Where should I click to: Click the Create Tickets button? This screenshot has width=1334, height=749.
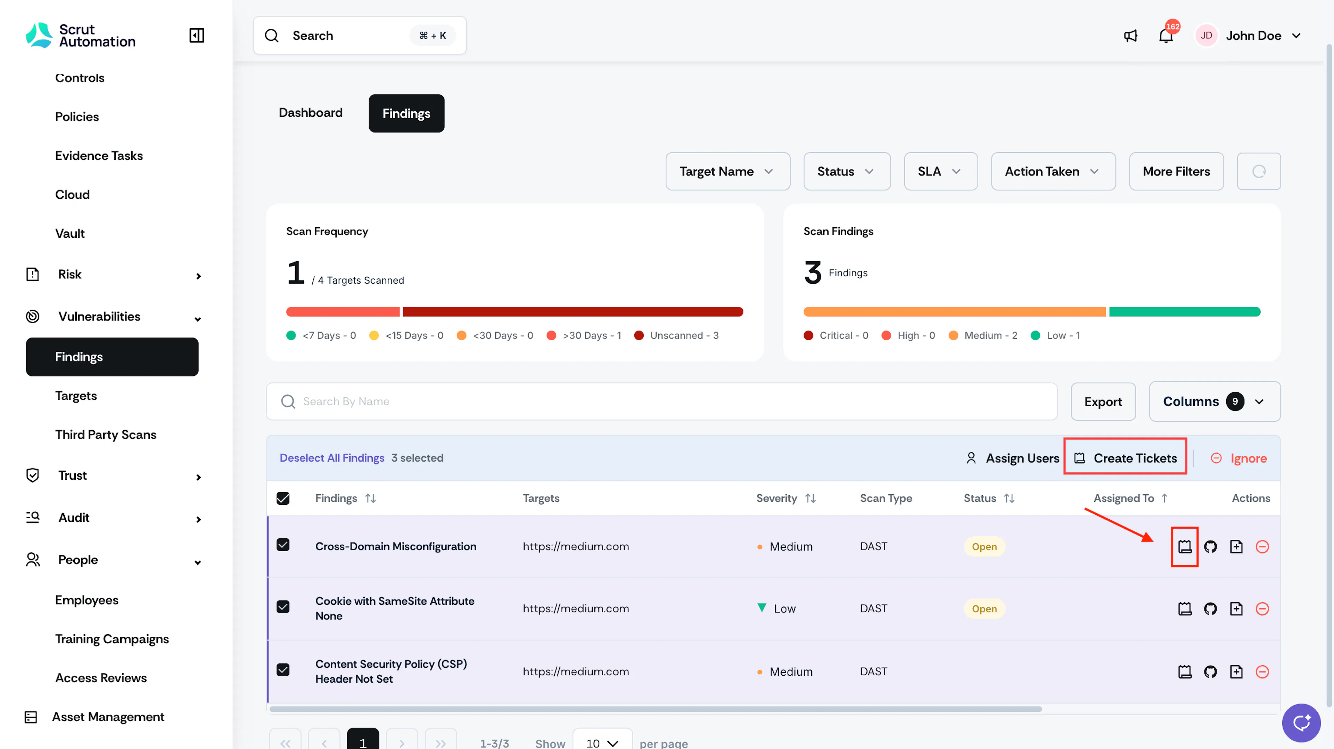tap(1125, 458)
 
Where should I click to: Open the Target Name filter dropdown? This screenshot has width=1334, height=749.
tap(727, 171)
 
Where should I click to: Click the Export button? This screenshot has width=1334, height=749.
tap(1103, 401)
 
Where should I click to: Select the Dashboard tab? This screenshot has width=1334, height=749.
tap(311, 113)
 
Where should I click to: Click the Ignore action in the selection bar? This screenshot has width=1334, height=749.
tap(1239, 458)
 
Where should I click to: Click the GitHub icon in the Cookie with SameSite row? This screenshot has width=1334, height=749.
tap(1210, 609)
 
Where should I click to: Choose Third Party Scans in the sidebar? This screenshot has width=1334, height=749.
tap(106, 434)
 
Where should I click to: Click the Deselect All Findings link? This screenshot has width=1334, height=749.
tap(332, 458)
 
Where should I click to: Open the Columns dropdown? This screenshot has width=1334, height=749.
tap(1214, 401)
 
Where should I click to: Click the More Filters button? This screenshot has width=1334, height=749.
tap(1176, 171)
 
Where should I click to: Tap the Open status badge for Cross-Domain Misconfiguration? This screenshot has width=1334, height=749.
tap(984, 546)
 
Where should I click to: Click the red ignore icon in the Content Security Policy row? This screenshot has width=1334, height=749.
tap(1262, 672)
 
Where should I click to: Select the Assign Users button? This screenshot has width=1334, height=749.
tap(1012, 458)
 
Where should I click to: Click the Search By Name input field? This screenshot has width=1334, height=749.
tap(661, 401)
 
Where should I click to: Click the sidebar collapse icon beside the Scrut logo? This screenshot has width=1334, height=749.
tap(197, 35)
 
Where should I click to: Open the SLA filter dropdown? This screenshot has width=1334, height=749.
tap(940, 171)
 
